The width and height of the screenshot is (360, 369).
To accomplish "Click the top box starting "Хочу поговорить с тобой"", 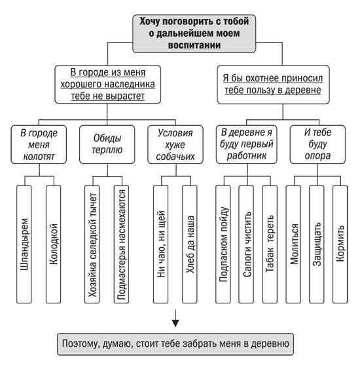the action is point(194,33).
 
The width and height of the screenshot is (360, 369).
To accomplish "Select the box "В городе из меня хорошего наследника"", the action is point(107,85).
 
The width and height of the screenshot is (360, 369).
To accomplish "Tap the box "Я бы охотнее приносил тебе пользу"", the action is point(273,85).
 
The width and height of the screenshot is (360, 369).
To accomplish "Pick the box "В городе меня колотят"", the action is point(39,144).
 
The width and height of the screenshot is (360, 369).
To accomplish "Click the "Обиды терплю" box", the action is point(107,144).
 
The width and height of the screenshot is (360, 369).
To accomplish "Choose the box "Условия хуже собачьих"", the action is point(175,144).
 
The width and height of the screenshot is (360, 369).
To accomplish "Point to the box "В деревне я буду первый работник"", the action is point(247,144).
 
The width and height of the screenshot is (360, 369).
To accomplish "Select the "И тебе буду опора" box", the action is point(317,144).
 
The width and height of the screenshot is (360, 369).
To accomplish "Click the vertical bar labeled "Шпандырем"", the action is point(24,244).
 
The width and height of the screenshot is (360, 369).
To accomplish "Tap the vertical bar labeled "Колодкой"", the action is point(53,244).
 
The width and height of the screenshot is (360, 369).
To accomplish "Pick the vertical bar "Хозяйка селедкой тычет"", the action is point(92,244).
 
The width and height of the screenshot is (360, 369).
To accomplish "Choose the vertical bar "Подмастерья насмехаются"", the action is point(121,244).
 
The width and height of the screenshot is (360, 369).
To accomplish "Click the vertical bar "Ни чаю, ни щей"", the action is point(161,244).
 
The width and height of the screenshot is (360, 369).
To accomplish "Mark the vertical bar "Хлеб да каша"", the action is point(190,244).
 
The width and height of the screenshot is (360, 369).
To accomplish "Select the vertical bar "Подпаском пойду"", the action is point(223,244).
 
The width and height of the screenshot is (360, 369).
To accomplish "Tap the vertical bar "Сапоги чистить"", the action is point(246,244).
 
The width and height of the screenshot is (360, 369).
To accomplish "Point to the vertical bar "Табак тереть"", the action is point(270,244).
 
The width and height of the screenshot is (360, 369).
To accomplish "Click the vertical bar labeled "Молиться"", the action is point(293,244).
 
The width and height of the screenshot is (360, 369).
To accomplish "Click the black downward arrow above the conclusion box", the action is point(175,319).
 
